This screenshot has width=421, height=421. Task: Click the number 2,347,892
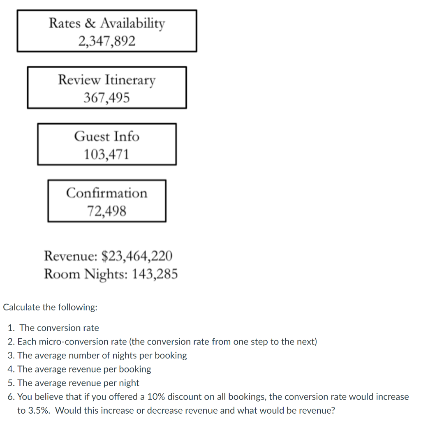(106, 41)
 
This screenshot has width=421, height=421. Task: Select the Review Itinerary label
(106, 79)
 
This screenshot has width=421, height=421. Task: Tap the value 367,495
(106, 98)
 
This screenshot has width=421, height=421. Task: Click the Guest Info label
(106, 136)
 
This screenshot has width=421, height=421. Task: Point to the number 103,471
(106, 155)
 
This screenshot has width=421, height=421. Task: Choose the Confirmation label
(106, 193)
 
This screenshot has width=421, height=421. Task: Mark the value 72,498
(106, 211)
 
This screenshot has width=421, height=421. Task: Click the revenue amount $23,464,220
(137, 256)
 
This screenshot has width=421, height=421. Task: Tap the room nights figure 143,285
(155, 274)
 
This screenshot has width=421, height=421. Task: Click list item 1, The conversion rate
(59, 328)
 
